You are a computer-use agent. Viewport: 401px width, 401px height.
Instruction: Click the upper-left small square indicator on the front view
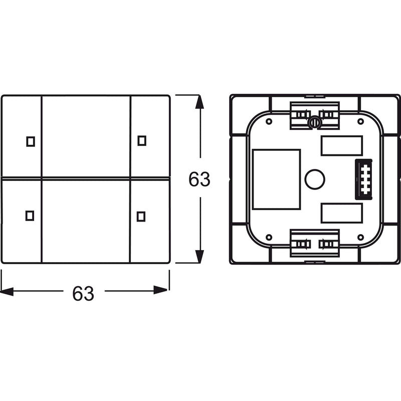point(31,141)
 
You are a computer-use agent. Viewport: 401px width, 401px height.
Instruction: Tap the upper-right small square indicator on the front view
point(142,141)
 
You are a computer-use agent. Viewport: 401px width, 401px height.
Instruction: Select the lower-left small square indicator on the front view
point(30,216)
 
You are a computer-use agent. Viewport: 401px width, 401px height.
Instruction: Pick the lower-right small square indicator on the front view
point(141,217)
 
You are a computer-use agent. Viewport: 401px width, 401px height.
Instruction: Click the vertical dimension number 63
point(199,179)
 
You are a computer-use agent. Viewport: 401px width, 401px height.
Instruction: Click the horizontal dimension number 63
point(83,293)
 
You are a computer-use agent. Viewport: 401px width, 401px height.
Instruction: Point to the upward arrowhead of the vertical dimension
point(199,102)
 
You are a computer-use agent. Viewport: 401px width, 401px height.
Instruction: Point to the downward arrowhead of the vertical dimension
point(199,256)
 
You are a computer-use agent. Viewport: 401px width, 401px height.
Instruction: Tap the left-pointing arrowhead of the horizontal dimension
point(7,291)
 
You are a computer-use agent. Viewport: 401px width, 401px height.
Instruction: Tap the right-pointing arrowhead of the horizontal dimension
point(161,290)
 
